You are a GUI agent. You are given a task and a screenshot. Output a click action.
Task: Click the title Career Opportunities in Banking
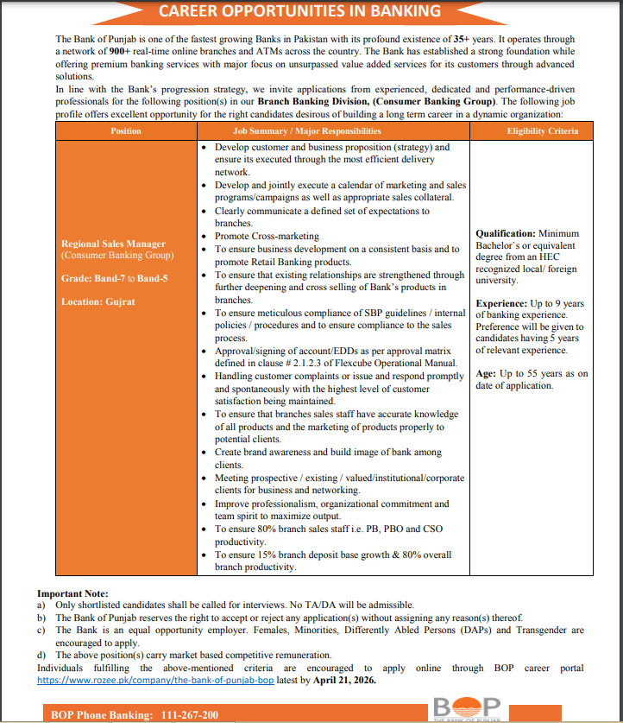point(311,11)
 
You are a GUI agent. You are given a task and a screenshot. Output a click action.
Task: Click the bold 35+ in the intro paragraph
point(463,40)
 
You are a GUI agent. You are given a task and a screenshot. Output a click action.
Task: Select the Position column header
point(126,131)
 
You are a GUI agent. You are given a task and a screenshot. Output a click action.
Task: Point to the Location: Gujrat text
point(98,301)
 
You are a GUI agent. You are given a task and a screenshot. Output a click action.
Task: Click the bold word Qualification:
point(505,234)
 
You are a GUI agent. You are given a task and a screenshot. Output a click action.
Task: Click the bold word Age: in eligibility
point(486,374)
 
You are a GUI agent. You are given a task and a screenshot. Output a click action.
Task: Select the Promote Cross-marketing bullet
point(267,236)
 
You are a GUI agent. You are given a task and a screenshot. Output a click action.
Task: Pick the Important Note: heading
point(73,593)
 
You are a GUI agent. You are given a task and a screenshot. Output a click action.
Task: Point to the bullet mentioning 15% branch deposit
point(332,555)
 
